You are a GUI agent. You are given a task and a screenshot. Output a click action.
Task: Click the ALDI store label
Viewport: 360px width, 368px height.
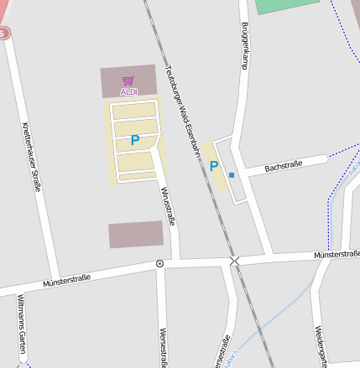coord(128,91)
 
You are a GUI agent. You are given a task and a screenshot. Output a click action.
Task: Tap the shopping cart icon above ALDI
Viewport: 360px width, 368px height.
coord(128,80)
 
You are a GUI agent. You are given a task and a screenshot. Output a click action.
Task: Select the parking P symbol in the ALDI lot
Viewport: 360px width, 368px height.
coord(134,140)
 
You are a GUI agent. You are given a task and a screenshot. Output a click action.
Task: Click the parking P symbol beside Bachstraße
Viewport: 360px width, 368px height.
coord(214,166)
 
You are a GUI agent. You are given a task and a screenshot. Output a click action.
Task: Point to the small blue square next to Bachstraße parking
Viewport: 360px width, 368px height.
coord(232,174)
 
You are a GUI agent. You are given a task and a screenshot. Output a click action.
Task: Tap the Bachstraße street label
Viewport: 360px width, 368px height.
coord(283,167)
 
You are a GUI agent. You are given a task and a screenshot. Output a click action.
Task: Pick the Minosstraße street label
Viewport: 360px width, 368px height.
coord(167,206)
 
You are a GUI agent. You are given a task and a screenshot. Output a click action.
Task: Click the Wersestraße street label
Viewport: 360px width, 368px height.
coord(163,348)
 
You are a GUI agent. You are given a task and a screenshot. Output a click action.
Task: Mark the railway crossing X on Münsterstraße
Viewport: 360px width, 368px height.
coord(234,262)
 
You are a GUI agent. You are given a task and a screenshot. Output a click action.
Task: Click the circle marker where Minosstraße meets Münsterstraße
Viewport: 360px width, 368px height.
coord(159,263)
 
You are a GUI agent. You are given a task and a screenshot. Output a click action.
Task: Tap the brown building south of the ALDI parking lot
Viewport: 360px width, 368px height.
coord(135,235)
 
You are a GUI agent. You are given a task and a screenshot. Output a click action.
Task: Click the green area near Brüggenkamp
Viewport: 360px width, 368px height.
coord(285,6)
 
